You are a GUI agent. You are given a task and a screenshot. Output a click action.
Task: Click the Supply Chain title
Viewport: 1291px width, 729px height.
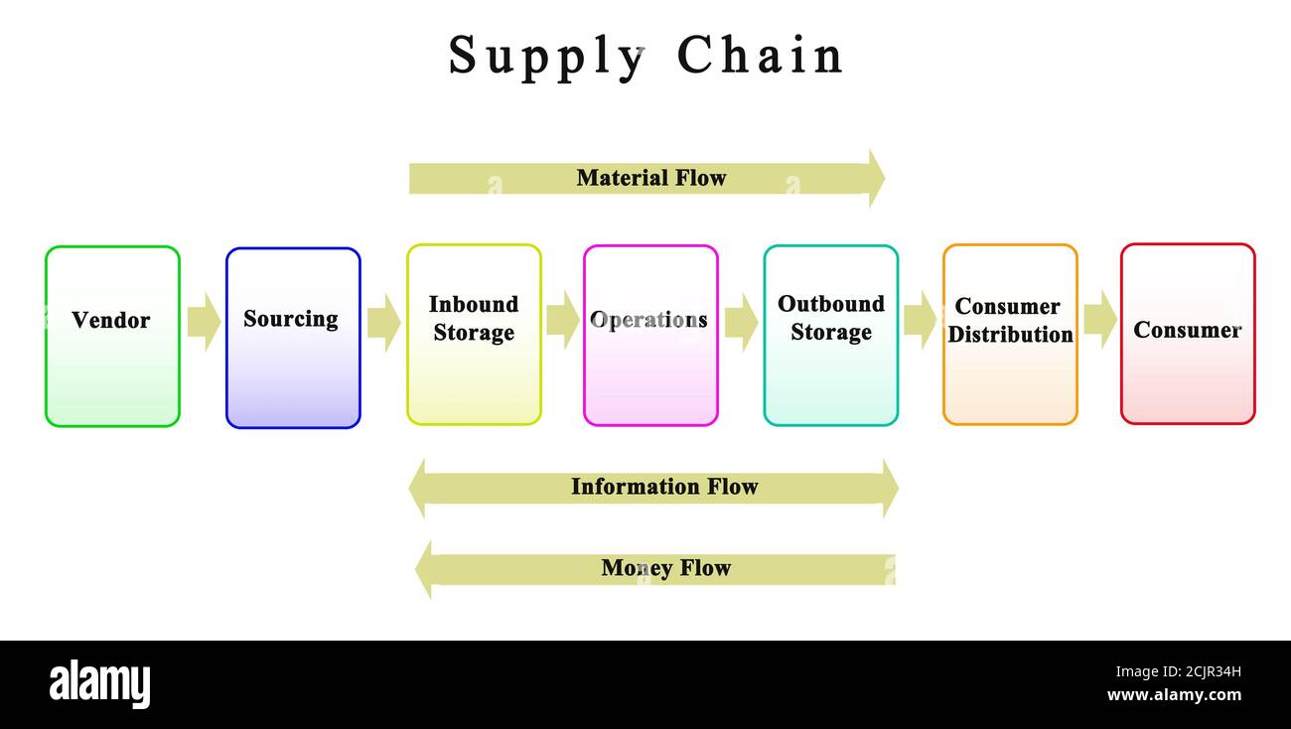coord(645,56)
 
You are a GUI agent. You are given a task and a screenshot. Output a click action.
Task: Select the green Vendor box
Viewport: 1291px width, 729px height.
coord(112,336)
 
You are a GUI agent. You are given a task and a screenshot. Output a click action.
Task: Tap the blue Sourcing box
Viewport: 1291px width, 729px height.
coord(293,337)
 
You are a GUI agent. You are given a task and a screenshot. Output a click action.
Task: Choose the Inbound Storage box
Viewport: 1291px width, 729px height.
coord(474,335)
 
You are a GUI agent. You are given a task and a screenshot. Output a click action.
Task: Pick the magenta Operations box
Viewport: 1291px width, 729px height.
coord(650,335)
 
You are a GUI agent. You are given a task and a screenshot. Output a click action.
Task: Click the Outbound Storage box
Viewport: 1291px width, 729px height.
coord(831,335)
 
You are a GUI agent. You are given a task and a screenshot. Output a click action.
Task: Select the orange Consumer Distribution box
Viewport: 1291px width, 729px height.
coord(1010,335)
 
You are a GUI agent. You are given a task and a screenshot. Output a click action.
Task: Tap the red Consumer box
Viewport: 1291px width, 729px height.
coord(1188,334)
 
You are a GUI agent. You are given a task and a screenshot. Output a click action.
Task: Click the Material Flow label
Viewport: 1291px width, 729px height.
coord(650,178)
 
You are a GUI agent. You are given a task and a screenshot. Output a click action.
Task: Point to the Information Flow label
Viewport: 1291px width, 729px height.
coord(663,487)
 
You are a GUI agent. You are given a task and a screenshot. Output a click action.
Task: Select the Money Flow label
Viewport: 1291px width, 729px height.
coord(665,568)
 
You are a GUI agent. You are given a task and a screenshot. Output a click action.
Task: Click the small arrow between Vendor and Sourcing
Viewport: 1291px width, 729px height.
coord(204,321)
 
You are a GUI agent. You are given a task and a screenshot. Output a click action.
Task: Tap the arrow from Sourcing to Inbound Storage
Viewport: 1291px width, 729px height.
coord(383,322)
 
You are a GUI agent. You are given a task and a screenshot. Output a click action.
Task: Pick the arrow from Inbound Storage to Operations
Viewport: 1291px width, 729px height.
coord(562,320)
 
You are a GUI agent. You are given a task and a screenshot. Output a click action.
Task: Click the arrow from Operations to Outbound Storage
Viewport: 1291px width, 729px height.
coord(741,322)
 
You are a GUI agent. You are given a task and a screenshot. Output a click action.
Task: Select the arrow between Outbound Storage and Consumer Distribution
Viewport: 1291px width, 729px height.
coord(920,320)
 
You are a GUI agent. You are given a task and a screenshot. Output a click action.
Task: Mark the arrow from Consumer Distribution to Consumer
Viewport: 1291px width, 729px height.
coord(1099,320)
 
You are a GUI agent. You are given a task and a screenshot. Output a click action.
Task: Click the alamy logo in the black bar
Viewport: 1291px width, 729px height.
coord(99,684)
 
